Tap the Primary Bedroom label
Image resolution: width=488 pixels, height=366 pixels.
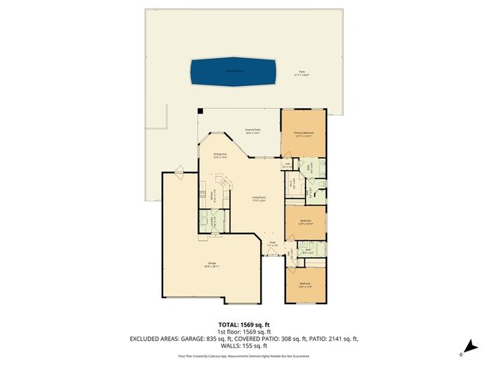(304, 133)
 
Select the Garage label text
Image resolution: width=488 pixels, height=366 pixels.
(210, 265)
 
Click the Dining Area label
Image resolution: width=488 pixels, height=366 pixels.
(220, 156)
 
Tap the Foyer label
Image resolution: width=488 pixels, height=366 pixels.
(272, 244)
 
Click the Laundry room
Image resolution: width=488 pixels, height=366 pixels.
(214, 222)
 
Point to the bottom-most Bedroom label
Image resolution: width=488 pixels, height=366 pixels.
(305, 284)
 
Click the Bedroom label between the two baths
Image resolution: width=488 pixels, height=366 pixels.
(305, 221)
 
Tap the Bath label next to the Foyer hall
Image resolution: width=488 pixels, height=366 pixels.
(309, 250)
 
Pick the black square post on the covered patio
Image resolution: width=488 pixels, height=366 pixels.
(201, 111)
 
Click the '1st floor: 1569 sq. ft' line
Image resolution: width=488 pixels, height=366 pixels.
(243, 332)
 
